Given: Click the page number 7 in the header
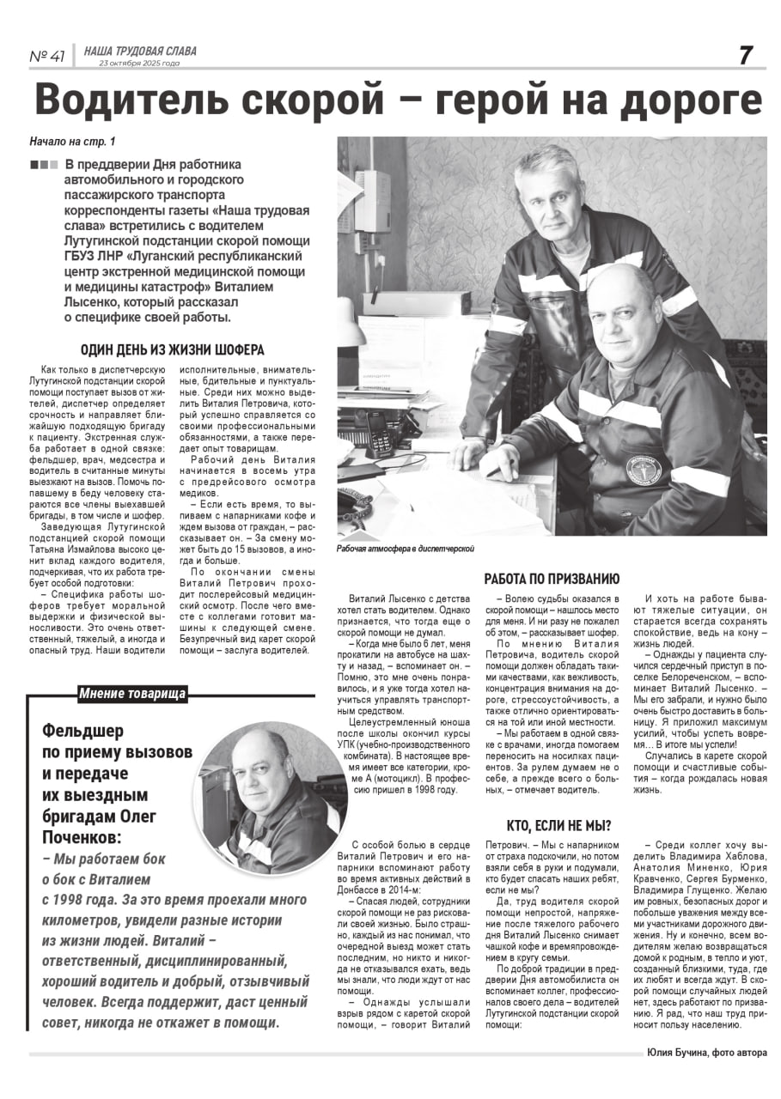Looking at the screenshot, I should pyautogui.click(x=745, y=55).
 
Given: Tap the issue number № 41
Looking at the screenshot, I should pyautogui.click(x=47, y=57).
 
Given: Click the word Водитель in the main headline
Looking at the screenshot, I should pyautogui.click(x=134, y=100).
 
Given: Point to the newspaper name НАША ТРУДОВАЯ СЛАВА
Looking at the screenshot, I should pyautogui.click(x=140, y=52).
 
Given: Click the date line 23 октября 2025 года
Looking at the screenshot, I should pyautogui.click(x=139, y=64).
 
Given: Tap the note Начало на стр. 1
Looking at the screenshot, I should pyautogui.click(x=72, y=141).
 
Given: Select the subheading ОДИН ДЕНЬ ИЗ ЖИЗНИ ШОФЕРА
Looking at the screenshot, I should pyautogui.click(x=172, y=349).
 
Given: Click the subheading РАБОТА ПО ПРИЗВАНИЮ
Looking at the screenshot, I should pyautogui.click(x=551, y=579).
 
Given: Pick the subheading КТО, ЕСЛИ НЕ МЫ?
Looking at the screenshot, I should pyautogui.click(x=558, y=826).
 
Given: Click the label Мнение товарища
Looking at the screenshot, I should pyautogui.click(x=132, y=694).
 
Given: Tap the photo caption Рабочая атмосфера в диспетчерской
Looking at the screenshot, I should pyautogui.click(x=406, y=548).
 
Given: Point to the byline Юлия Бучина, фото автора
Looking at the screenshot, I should pyautogui.click(x=707, y=1053).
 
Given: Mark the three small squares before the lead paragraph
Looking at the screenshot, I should pyautogui.click(x=44, y=165).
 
